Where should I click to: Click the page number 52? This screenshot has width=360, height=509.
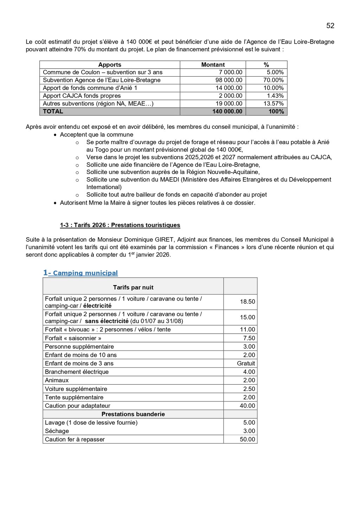pos(330,26)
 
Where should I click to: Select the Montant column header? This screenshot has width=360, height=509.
pos(213,65)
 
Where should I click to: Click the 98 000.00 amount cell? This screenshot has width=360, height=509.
pos(229,80)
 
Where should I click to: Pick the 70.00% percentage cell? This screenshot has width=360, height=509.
pos(273,80)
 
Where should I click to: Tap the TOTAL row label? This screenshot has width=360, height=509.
pos(53,111)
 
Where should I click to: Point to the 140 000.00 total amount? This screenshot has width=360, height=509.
pos(227,111)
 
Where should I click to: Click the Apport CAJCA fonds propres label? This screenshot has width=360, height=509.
pos(82,96)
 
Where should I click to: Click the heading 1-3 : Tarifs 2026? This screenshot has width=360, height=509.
pos(120,225)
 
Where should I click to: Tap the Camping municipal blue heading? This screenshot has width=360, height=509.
pos(85,273)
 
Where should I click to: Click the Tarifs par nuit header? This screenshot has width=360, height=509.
pos(133,287)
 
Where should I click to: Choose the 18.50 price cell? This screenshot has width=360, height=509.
pos(247,302)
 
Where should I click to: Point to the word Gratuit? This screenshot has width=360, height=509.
pos(246,363)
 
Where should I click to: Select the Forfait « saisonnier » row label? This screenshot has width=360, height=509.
pos(73,338)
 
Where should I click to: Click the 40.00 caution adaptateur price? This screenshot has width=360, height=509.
pos(247,406)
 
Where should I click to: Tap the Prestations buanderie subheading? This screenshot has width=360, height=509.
pos(133,414)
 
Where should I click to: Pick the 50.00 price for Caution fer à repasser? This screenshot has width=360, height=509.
pos(247,439)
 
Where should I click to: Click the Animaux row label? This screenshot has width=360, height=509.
pos(57,380)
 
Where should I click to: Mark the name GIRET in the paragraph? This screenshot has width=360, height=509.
pos(165,240)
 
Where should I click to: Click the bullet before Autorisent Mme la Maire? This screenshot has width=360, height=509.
pos(55,203)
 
